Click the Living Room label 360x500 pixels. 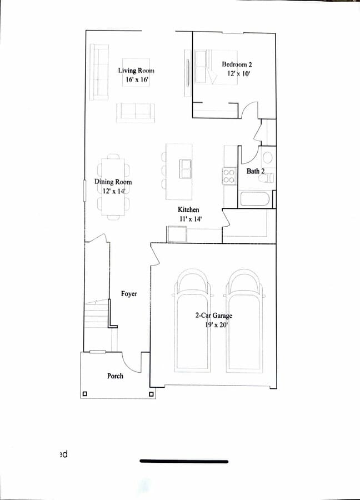click(x=136, y=71)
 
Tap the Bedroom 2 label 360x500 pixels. click(x=237, y=65)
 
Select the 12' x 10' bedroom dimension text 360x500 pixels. click(x=237, y=74)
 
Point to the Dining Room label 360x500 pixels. click(x=113, y=182)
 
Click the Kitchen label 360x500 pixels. click(x=188, y=209)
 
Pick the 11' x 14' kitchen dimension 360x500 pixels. click(x=189, y=219)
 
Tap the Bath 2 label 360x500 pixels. click(x=256, y=171)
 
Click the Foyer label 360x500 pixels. click(x=129, y=293)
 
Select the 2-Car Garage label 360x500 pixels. click(x=213, y=316)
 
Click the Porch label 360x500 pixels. click(x=115, y=376)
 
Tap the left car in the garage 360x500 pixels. click(x=192, y=322)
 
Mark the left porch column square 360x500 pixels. click(x=84, y=394)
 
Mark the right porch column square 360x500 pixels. click(x=152, y=394)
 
